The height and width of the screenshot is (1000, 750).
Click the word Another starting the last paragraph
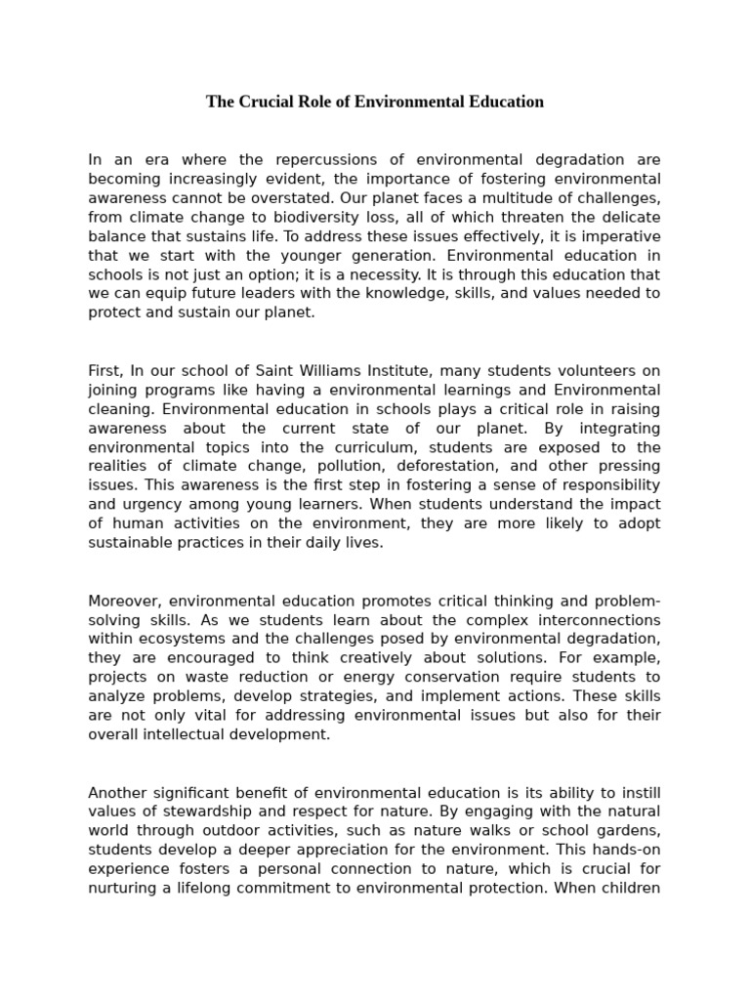117,792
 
